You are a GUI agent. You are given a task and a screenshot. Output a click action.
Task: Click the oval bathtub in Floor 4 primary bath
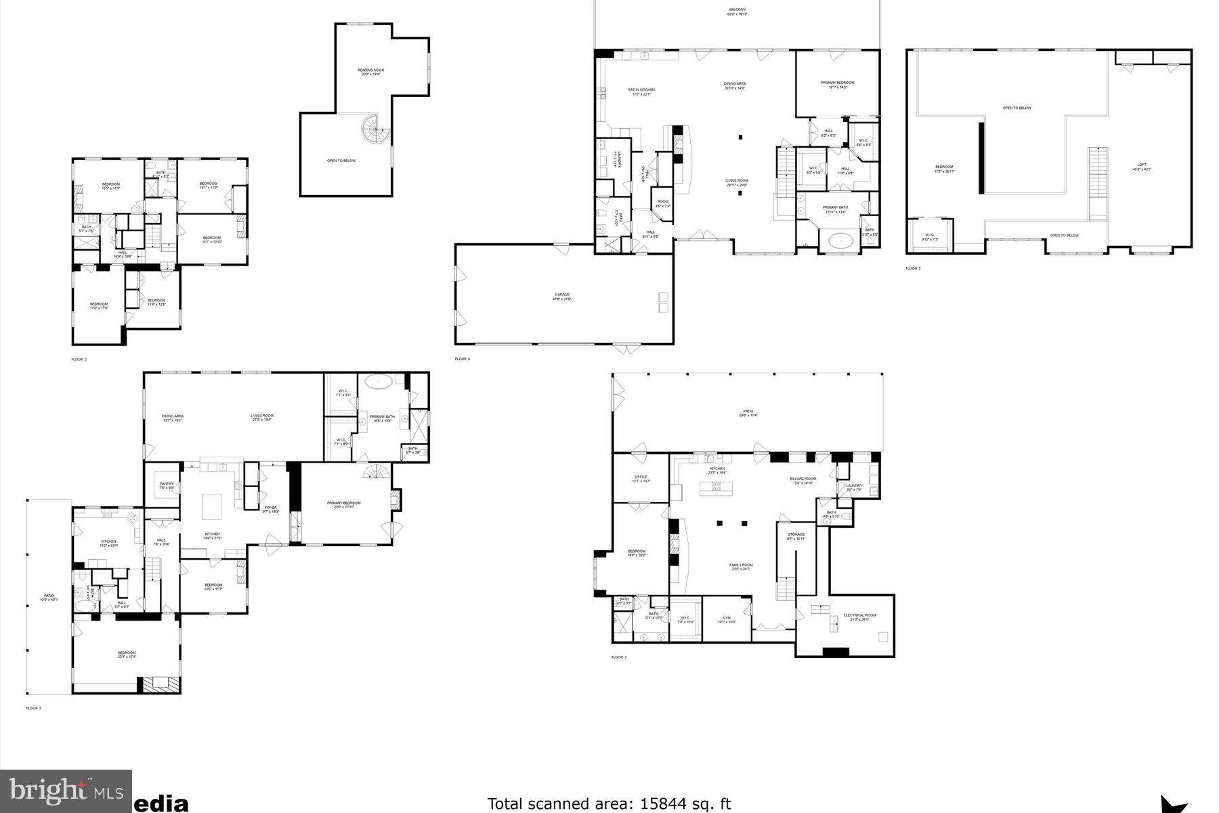point(840,240)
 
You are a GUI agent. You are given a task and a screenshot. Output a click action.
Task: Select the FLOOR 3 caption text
point(619,657)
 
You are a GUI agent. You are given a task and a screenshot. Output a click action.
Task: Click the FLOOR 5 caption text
point(913,268)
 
